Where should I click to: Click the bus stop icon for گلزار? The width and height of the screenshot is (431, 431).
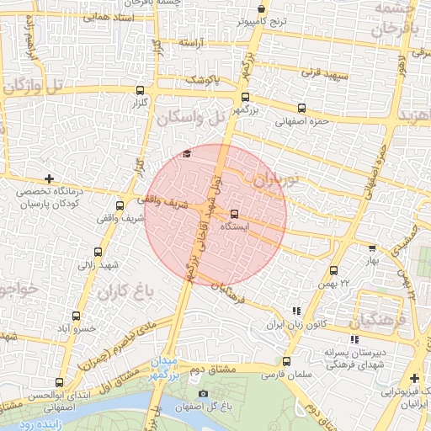pyautogui.click(x=140, y=89)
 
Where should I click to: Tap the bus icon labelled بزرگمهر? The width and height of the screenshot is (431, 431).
pyautogui.click(x=245, y=98)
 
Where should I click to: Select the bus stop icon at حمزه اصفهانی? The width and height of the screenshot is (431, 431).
pyautogui.click(x=301, y=108)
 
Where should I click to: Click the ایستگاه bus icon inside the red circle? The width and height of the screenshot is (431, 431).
pyautogui.click(x=234, y=214)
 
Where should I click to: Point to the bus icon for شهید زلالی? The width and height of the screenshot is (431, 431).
pyautogui.click(x=98, y=252)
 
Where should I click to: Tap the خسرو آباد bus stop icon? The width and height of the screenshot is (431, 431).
pyautogui.click(x=77, y=316)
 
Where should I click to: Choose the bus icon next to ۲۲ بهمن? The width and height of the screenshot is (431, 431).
pyautogui.click(x=334, y=270)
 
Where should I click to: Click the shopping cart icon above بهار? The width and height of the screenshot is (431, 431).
pyautogui.click(x=372, y=247)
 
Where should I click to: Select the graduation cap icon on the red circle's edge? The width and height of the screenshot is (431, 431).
pyautogui.click(x=187, y=153)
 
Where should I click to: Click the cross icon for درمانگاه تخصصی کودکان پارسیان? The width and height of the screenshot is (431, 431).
pyautogui.click(x=49, y=178)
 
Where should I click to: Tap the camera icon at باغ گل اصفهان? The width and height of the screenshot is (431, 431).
pyautogui.click(x=202, y=394)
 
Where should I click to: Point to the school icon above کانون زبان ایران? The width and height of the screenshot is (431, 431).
pyautogui.click(x=295, y=311)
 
